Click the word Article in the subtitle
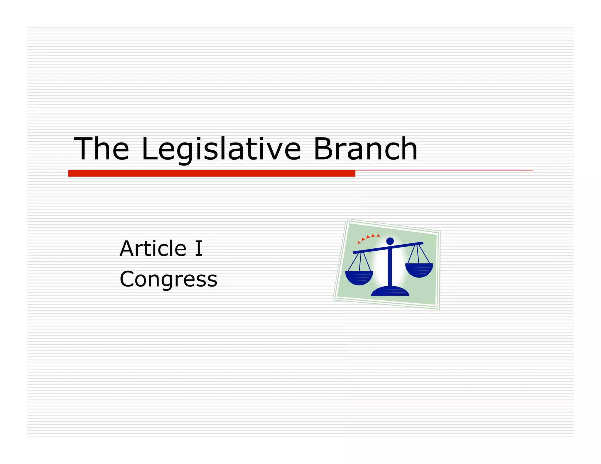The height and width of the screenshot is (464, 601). [x=153, y=248]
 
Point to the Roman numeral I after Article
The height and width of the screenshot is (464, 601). [x=199, y=248]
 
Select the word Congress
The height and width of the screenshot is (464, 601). [x=168, y=279]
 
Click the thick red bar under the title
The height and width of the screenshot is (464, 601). [x=211, y=174]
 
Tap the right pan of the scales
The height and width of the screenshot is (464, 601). [x=419, y=270]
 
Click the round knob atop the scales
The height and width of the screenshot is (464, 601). [x=390, y=241]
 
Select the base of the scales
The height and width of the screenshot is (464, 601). [x=390, y=291]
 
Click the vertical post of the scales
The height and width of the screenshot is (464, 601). [x=390, y=267]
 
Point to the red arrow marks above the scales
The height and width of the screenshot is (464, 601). [x=368, y=238]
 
